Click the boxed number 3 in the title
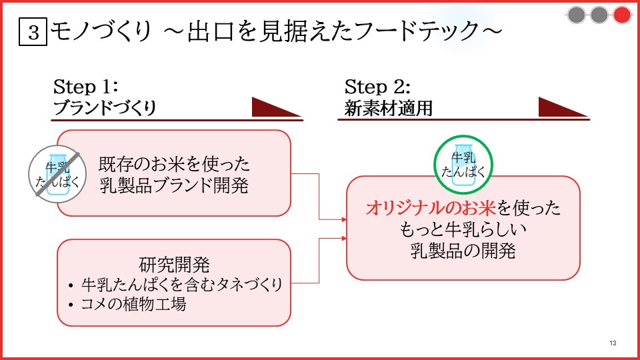[x=33, y=31]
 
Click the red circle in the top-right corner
[x=621, y=15]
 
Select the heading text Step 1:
[x=86, y=87]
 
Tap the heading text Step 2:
[x=377, y=87]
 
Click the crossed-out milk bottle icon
[x=57, y=174]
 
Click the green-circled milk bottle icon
[x=463, y=165]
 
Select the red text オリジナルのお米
[x=431, y=208]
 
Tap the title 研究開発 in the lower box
[x=174, y=265]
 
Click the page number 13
[x=613, y=343]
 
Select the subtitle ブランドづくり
[x=105, y=108]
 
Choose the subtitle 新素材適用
[x=388, y=108]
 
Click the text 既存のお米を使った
[x=174, y=164]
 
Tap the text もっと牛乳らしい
[x=463, y=229]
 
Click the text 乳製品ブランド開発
[x=174, y=186]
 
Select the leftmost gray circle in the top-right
[x=576, y=15]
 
